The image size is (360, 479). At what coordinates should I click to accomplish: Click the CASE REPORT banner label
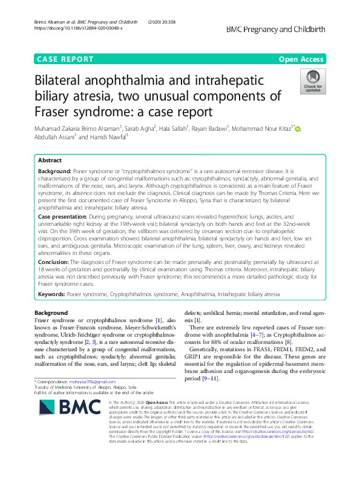pyautogui.click(x=65, y=59)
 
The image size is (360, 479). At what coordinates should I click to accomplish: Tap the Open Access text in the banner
pyautogui.click(x=301, y=59)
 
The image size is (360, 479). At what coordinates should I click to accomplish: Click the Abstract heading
pyautogui.click(x=50, y=160)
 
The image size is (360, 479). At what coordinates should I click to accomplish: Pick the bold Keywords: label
pyautogui.click(x=51, y=294)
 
